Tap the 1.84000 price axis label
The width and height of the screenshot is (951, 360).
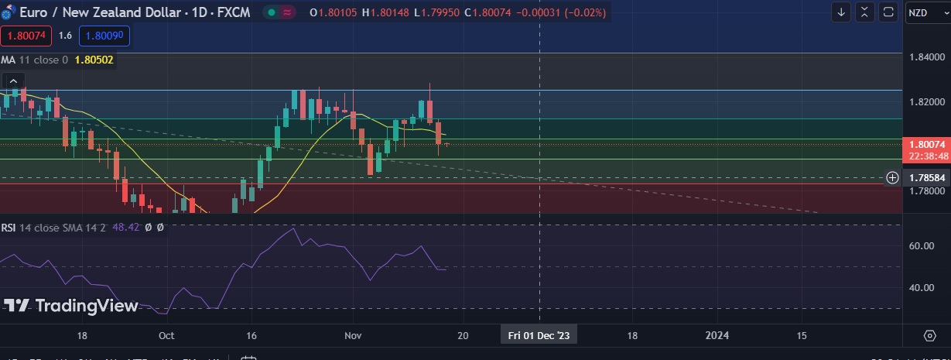point(927,57)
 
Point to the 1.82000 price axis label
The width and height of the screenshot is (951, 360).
point(927,101)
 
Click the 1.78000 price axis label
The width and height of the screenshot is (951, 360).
point(927,190)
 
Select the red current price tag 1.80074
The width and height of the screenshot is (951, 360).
point(926,144)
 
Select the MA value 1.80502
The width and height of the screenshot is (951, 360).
point(95,60)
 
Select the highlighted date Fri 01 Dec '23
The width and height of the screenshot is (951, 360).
point(539,335)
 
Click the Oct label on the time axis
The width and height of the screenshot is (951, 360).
point(166,335)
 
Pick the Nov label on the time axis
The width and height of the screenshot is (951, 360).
point(353,335)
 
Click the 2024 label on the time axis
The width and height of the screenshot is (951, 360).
point(717,335)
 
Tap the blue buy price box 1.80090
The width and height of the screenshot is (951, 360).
point(104,36)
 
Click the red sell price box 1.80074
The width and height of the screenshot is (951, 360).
point(26,36)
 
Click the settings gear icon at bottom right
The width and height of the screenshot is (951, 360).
point(929,335)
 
